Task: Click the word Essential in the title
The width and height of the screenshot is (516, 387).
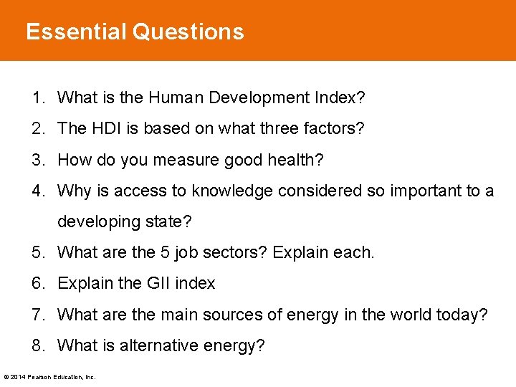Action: click(76, 32)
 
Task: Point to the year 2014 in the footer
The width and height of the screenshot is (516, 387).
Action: click(18, 377)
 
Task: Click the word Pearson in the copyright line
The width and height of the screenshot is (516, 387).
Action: click(41, 377)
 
